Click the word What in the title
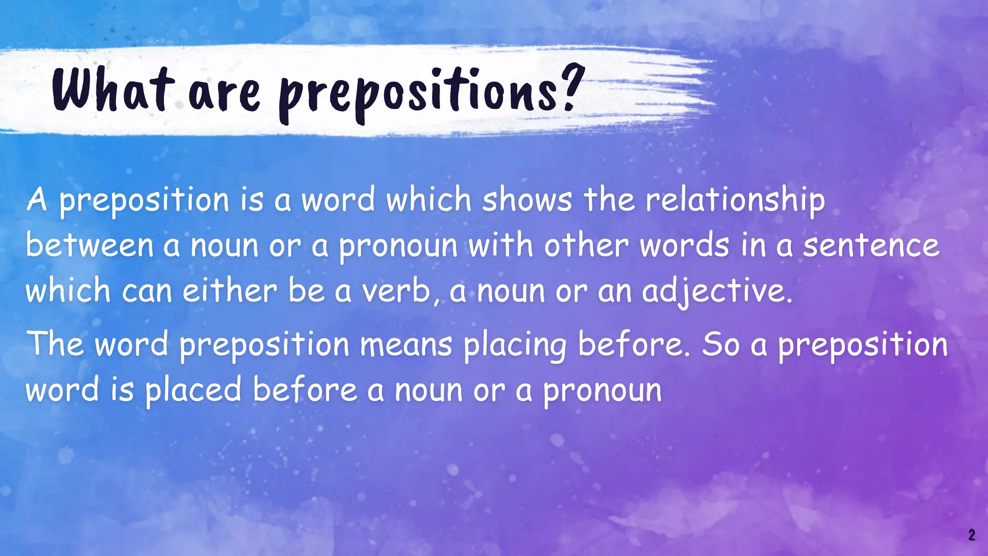coord(112,90)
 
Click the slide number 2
coord(971,535)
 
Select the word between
coord(89,245)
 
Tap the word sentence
coord(871,245)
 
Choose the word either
coord(230,291)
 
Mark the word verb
coord(396,291)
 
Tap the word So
coord(720,345)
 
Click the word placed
coord(193,390)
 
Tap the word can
coord(147,292)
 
